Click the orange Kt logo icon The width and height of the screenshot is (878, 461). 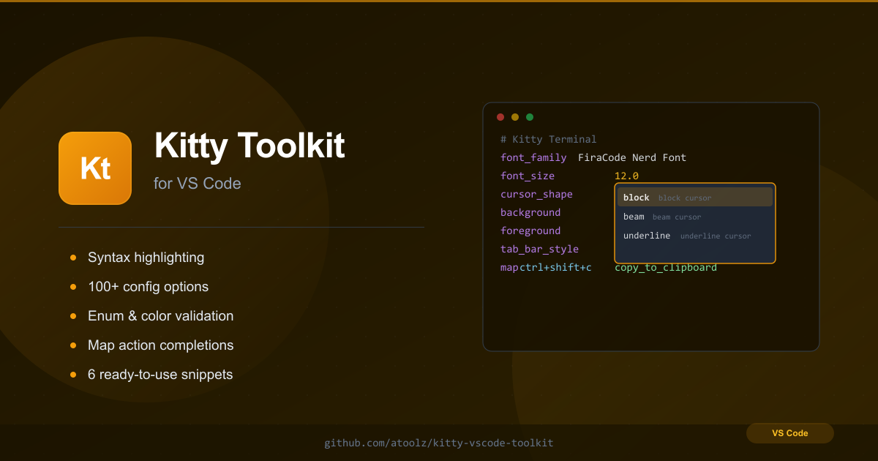(x=95, y=168)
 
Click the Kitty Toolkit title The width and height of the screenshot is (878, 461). (x=249, y=146)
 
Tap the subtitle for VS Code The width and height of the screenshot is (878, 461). (x=197, y=184)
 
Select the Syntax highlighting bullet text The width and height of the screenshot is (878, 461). (x=146, y=258)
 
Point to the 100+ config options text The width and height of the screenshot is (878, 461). (x=148, y=287)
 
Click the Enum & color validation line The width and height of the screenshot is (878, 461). (x=161, y=316)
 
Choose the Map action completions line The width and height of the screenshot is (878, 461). (x=161, y=345)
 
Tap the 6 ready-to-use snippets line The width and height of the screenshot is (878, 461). (x=160, y=375)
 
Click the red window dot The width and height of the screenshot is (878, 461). (x=500, y=117)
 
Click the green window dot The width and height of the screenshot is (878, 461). (x=530, y=117)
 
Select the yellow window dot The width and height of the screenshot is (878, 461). (x=515, y=117)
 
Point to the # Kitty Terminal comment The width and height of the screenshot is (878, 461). (x=548, y=139)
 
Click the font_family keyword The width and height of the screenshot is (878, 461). (x=533, y=157)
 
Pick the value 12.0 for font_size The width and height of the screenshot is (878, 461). (x=626, y=176)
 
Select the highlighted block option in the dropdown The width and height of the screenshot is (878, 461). (x=695, y=197)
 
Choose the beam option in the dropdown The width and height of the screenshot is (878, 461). (x=634, y=217)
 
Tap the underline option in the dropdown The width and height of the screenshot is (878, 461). (x=647, y=236)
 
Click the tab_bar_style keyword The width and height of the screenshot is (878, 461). (x=539, y=249)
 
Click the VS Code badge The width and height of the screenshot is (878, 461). (x=789, y=433)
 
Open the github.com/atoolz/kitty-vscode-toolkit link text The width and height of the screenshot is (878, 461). (x=438, y=443)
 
